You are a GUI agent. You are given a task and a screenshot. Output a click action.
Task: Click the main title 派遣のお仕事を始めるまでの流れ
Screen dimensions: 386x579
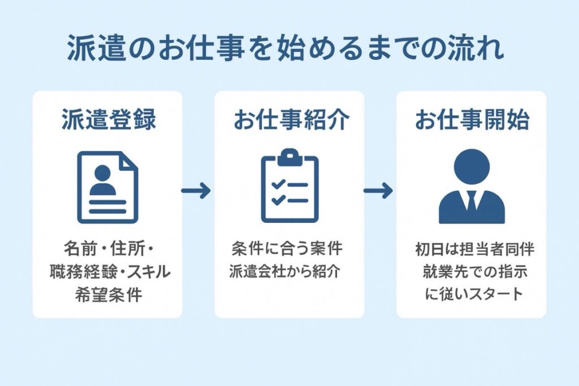(x=286, y=50)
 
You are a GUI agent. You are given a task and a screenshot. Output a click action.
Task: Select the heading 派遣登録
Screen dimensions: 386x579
(x=107, y=120)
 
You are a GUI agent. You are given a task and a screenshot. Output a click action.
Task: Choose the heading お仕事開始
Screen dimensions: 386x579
(x=472, y=120)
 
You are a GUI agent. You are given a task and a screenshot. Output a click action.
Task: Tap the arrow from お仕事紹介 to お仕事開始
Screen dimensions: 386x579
(x=378, y=191)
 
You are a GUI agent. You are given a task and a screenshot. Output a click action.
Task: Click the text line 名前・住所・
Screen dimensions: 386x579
(x=107, y=249)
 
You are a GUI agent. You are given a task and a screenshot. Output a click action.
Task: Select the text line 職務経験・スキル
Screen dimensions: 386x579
(x=107, y=272)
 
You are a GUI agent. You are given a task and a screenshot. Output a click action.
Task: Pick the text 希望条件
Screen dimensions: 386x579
(x=107, y=295)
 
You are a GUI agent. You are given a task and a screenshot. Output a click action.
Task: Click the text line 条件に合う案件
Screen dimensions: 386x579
(x=289, y=249)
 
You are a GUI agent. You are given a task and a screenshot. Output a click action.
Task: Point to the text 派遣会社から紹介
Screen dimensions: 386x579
(x=289, y=272)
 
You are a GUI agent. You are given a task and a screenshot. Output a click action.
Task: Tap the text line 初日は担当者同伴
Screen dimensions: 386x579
(x=471, y=249)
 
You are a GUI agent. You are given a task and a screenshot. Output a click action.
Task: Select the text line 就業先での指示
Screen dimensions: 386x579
(x=471, y=272)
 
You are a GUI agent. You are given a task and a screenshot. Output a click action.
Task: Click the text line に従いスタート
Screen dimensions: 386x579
(x=471, y=295)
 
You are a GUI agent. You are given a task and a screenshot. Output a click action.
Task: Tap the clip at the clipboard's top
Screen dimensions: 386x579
(x=289, y=154)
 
